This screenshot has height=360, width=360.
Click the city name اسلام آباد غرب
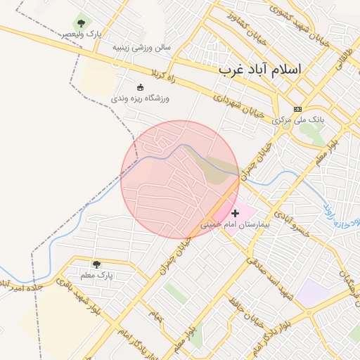pyautogui.click(x=259, y=70)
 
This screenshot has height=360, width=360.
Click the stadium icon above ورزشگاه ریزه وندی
pyautogui.click(x=140, y=87)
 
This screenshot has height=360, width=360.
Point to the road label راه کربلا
pyautogui.click(x=155, y=74)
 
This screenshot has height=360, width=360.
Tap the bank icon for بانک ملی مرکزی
pyautogui.click(x=298, y=109)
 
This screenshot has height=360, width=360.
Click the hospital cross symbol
pyautogui.click(x=235, y=212)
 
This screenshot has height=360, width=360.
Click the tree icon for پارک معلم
pyautogui.click(x=96, y=264)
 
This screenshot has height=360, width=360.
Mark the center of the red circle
pyautogui.click(x=180, y=179)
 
